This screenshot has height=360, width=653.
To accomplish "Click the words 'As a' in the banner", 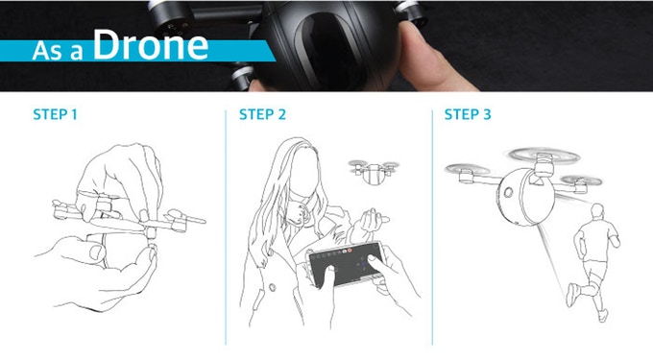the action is [58, 51].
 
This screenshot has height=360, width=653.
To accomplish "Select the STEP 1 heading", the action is [56, 114].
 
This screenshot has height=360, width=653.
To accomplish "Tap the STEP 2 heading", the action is [262, 114].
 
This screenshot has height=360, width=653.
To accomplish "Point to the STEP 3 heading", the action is [468, 114].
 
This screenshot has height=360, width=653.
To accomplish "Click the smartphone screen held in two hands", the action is [346, 265].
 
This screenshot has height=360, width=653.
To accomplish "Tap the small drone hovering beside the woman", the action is [373, 171].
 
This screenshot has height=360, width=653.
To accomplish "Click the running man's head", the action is [597, 211].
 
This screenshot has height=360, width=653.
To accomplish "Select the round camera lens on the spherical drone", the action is [509, 192].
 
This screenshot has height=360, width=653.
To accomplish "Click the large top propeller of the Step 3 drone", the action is [544, 156].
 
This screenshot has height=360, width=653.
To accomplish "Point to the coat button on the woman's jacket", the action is [273, 287].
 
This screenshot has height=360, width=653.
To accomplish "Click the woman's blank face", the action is [304, 171].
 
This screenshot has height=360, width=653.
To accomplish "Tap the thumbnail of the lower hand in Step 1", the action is [97, 252].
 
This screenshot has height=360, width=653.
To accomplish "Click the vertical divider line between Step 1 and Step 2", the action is [226, 228].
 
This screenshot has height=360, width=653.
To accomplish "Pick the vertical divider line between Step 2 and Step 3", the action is [432, 228].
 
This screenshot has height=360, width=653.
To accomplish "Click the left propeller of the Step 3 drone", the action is [468, 169].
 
